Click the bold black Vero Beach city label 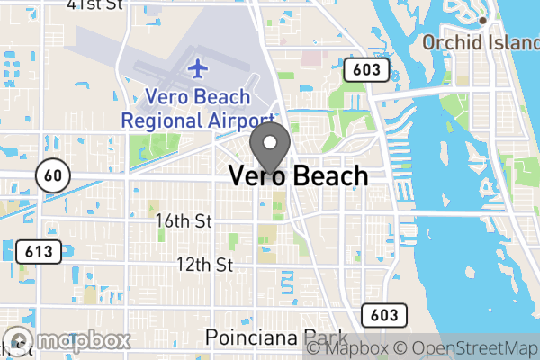point(299,175)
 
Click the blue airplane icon point(198,67)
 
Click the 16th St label point(182,221)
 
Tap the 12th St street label point(204,265)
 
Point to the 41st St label point(95,5)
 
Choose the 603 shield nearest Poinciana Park point(381,314)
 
